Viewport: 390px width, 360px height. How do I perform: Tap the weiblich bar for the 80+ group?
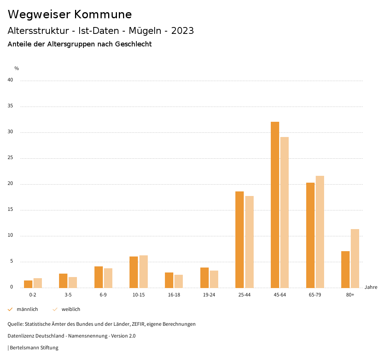(355, 258)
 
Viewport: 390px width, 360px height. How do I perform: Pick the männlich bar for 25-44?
(240, 240)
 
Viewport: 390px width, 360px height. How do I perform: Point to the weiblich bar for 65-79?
(320, 232)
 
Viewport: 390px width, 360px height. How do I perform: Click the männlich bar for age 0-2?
(28, 284)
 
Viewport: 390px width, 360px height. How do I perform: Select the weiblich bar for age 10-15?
(143, 272)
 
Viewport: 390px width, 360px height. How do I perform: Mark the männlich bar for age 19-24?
(205, 278)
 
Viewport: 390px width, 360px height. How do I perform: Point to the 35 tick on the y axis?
(10, 106)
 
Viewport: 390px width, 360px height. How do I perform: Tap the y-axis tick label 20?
(10, 184)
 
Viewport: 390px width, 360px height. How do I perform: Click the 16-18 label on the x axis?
(174, 295)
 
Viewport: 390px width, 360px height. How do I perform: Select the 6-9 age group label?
(103, 295)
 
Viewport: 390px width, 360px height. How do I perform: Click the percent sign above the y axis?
(17, 68)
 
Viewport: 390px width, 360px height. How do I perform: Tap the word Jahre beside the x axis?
(371, 287)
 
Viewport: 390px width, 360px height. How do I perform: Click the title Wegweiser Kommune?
(70, 14)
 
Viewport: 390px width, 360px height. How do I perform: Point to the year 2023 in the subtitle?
(182, 31)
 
